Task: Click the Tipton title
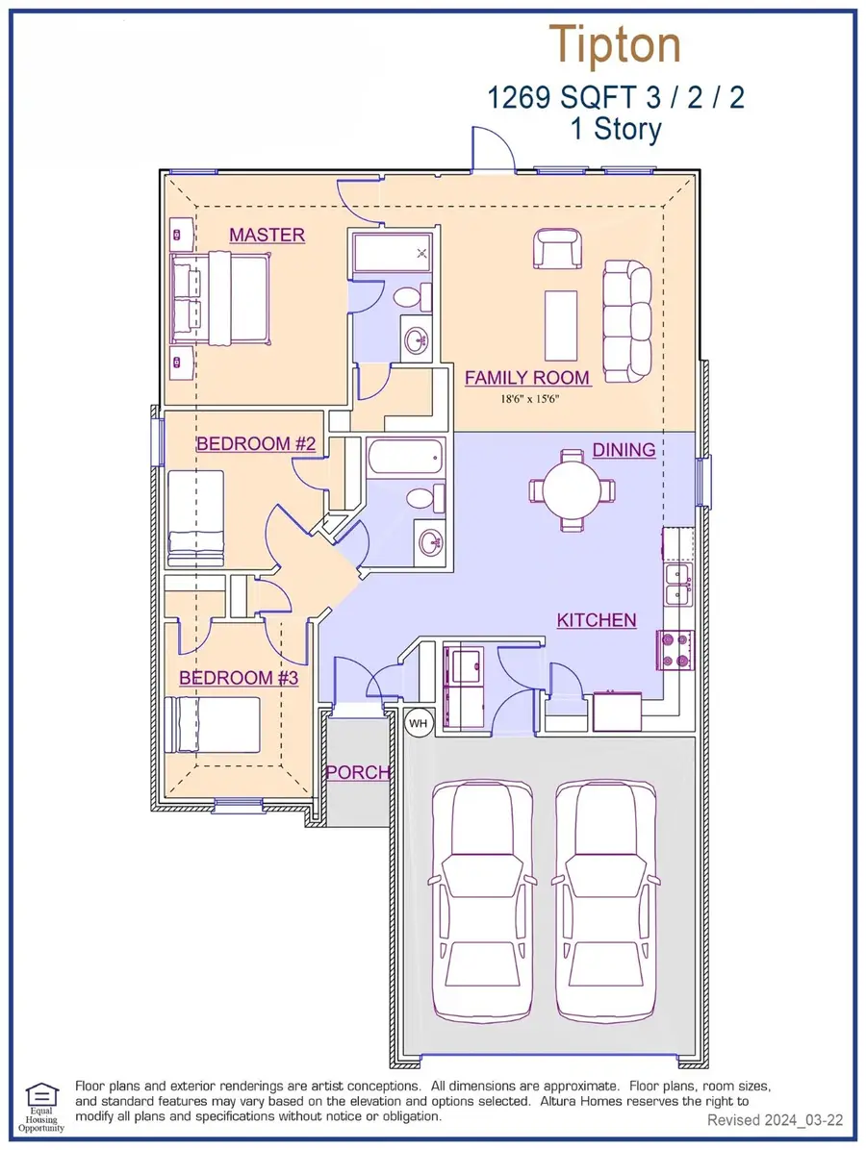pos(615,45)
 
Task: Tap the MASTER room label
pos(267,235)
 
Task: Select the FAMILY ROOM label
pos(527,378)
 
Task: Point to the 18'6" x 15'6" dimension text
pos(530,400)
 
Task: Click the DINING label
pos(624,450)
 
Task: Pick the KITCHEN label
pos(596,620)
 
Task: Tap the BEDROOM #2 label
pos(255,443)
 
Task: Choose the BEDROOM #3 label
pos(239,678)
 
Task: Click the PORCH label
pos(357,772)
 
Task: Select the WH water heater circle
pos(418,724)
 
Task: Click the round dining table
pos(573,490)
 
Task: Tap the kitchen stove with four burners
pos(675,651)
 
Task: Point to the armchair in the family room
pos(558,249)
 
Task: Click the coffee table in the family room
pos(561,326)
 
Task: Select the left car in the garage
pos(482,902)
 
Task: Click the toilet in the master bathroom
pos(412,297)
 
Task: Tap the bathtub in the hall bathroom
pos(406,456)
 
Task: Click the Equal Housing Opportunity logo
pos(41,1107)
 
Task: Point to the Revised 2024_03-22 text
pos(775,1120)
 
